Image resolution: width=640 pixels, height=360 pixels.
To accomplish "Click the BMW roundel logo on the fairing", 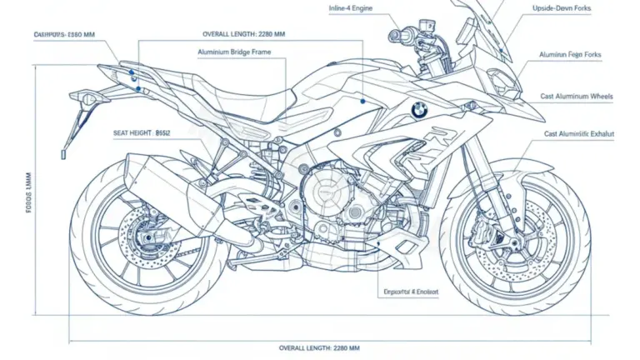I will tap(418, 110).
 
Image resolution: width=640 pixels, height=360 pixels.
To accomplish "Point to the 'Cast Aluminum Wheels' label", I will tap(577, 97).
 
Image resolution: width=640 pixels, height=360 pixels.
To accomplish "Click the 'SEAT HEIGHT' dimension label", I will tap(142, 132).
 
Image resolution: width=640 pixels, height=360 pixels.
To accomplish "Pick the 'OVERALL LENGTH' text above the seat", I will tap(244, 34).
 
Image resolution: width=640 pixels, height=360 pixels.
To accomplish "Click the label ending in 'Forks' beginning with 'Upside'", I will tap(561, 8).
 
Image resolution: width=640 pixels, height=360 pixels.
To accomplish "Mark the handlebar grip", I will tap(399, 37).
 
